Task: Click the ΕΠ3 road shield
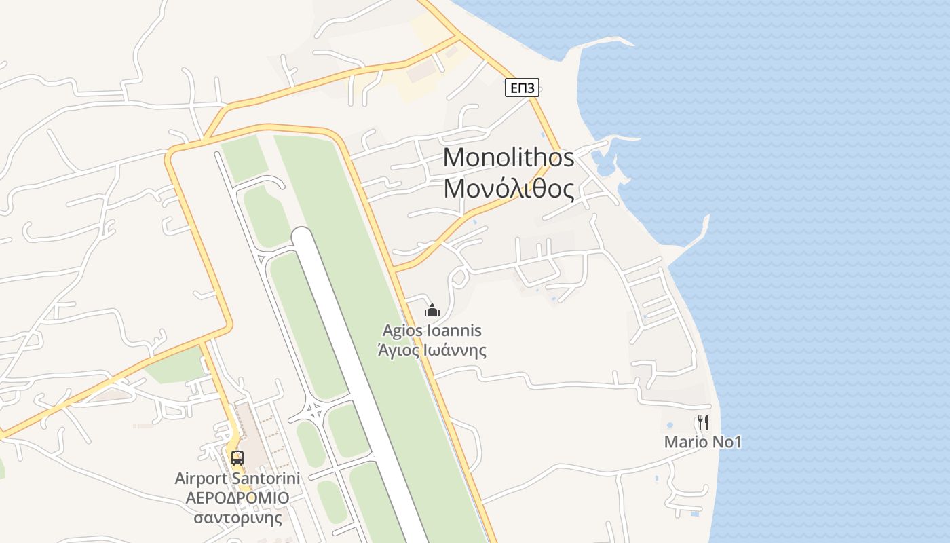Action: click(x=522, y=88)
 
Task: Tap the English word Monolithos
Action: click(x=508, y=157)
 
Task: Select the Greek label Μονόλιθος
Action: click(x=508, y=189)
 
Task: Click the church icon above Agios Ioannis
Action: click(x=432, y=310)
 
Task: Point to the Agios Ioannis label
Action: click(x=432, y=331)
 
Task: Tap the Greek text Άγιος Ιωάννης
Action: click(x=432, y=350)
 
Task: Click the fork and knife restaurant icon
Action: click(x=703, y=422)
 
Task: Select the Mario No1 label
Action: click(x=702, y=443)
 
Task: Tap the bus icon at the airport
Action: click(x=237, y=457)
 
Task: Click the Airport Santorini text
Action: click(x=237, y=479)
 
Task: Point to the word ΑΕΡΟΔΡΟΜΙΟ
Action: click(x=237, y=498)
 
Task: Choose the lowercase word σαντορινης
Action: click(x=237, y=518)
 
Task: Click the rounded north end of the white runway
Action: click(x=303, y=237)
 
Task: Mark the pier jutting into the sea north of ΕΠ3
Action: click(x=597, y=43)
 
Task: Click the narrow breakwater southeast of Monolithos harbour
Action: click(x=699, y=231)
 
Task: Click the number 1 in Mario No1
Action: click(x=737, y=443)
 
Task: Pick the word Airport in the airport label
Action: click(x=200, y=479)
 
